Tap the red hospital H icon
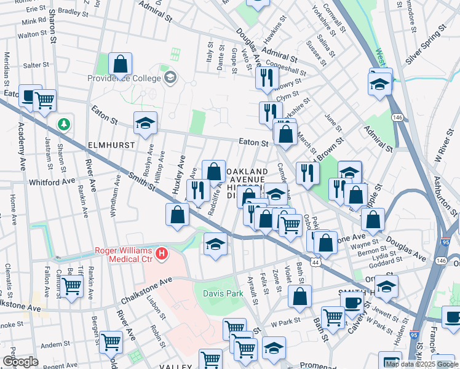(161, 253)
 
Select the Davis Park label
(223, 293)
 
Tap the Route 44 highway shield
(315, 262)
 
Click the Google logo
(20, 362)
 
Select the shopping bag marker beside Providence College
(121, 63)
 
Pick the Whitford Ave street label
(52, 182)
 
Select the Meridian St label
(7, 68)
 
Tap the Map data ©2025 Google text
(421, 363)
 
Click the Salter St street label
(36, 65)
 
